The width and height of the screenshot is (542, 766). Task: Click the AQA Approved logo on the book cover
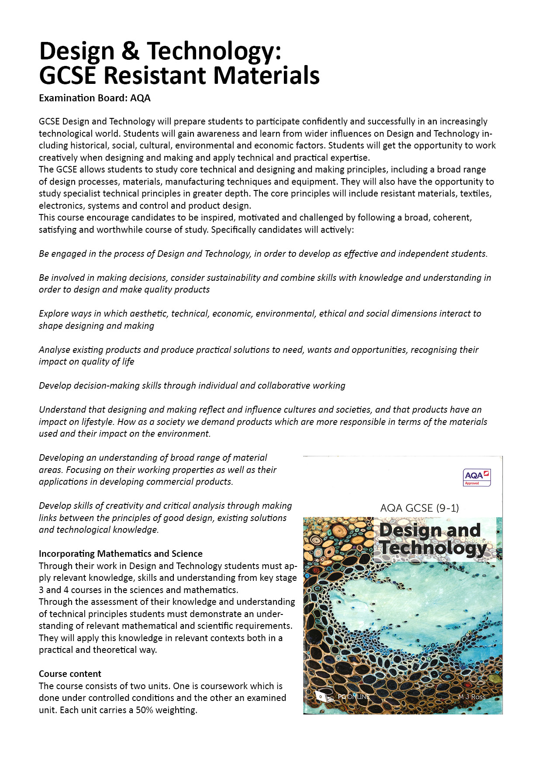(x=476, y=477)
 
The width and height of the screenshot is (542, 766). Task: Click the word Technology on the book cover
(x=432, y=548)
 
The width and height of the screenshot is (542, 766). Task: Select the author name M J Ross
(x=472, y=697)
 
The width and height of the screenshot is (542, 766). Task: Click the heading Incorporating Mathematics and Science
(x=121, y=554)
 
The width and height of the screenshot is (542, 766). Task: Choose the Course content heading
(x=70, y=674)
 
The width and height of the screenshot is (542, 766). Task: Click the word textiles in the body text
(x=476, y=193)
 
